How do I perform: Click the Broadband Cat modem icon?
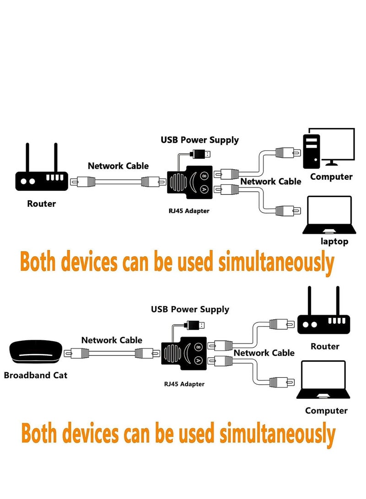tap(35, 353)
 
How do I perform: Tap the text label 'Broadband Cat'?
tap(36, 376)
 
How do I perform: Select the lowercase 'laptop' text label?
tap(334, 241)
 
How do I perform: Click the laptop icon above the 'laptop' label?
tap(329, 215)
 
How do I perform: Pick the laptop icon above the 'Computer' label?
tap(323, 381)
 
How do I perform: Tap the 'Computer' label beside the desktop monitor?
tap(331, 177)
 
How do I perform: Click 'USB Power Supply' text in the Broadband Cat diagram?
tap(190, 310)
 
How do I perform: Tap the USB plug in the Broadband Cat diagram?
tap(194, 325)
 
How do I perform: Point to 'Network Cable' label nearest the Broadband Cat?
tap(112, 340)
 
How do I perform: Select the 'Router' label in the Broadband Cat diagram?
tap(325, 346)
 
